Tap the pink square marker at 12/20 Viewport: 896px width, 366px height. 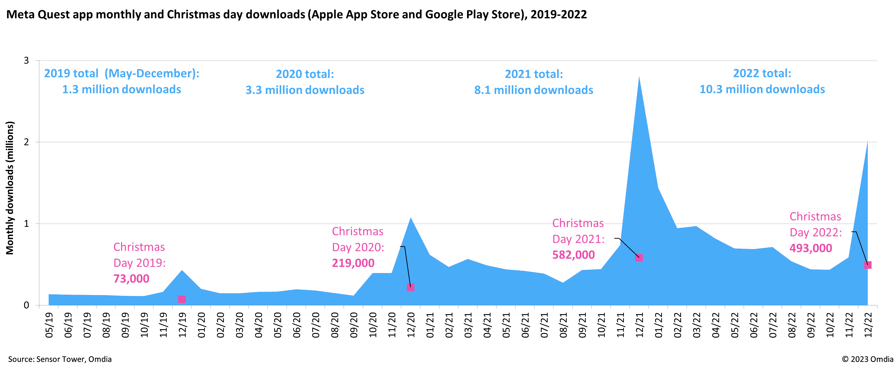(x=410, y=287)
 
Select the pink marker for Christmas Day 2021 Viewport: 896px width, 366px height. (x=639, y=257)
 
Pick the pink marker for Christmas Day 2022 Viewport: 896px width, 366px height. (x=868, y=265)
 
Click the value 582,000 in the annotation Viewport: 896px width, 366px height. (x=574, y=255)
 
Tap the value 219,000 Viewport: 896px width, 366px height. (x=353, y=263)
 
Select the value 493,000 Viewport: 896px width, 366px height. (x=811, y=248)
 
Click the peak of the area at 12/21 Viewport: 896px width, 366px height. (x=639, y=77)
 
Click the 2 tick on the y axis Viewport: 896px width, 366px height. (x=26, y=142)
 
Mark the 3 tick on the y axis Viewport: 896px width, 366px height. (x=26, y=60)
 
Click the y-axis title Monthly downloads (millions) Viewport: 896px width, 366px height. (x=10, y=188)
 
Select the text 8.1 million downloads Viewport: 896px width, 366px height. (x=534, y=90)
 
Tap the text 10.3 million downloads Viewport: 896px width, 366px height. (x=762, y=89)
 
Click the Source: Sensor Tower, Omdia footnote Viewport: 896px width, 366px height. (x=60, y=359)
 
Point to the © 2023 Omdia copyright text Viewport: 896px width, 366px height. (x=868, y=359)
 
